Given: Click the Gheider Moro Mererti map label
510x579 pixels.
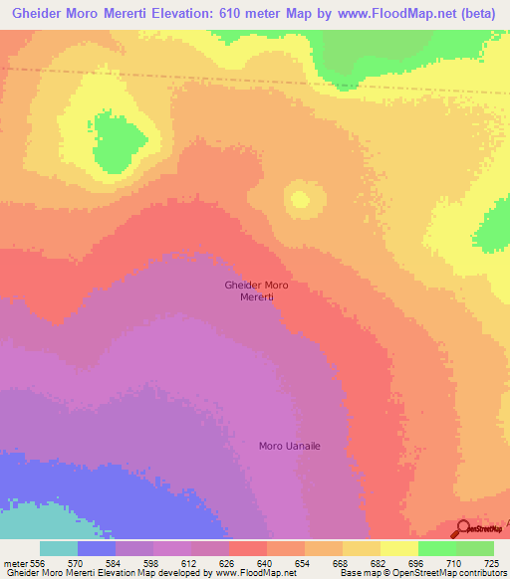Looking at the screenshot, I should click(x=256, y=290).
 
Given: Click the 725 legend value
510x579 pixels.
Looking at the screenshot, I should click(x=493, y=564).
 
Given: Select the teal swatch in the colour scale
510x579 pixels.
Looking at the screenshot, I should click(x=59, y=548).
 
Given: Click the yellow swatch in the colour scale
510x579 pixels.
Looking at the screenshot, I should click(x=399, y=548).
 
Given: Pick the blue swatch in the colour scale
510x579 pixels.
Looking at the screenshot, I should click(x=97, y=548).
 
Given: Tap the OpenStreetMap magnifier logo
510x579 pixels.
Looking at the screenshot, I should click(x=462, y=528).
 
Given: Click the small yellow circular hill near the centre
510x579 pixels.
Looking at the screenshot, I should click(x=298, y=197).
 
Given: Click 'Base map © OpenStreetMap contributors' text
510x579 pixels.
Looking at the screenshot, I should click(x=421, y=574).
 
